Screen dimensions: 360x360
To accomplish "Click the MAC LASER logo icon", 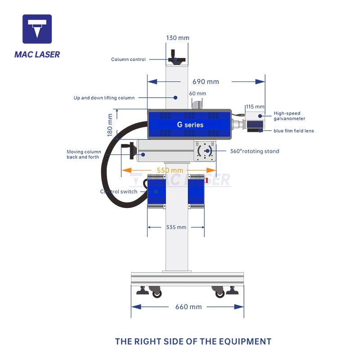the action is pyautogui.click(x=37, y=29).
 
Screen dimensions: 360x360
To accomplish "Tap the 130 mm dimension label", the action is pyautogui.click(x=177, y=38).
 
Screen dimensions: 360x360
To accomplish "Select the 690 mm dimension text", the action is pyautogui.click(x=206, y=82).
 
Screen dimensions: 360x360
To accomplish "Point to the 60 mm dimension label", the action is pyautogui.click(x=198, y=94).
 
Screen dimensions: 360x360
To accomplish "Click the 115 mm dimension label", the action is pyautogui.click(x=255, y=107).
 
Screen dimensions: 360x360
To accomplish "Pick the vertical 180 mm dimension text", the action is pyautogui.click(x=110, y=125).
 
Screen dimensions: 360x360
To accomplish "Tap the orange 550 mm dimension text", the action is pyautogui.click(x=170, y=171).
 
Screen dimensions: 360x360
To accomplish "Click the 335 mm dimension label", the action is pyautogui.click(x=176, y=227).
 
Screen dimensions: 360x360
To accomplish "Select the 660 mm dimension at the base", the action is pyautogui.click(x=189, y=307).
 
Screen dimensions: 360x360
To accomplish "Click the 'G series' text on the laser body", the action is pyautogui.click(x=190, y=125).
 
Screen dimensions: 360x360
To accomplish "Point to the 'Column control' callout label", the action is pyautogui.click(x=128, y=59).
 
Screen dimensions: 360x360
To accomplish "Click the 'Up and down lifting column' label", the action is pyautogui.click(x=104, y=98).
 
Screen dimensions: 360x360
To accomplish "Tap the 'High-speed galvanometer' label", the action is pyautogui.click(x=289, y=116).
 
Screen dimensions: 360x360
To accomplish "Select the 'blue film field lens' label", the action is pyautogui.click(x=294, y=131).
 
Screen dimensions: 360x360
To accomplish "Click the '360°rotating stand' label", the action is pyautogui.click(x=255, y=151).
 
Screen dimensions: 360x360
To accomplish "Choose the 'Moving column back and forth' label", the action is pyautogui.click(x=84, y=154).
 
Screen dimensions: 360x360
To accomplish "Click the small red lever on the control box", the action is pyautogui.click(x=207, y=180).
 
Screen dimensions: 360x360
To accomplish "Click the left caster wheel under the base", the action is pyautogui.click(x=156, y=292).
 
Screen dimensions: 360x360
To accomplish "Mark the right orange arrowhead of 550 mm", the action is pyautogui.click(x=211, y=170).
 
